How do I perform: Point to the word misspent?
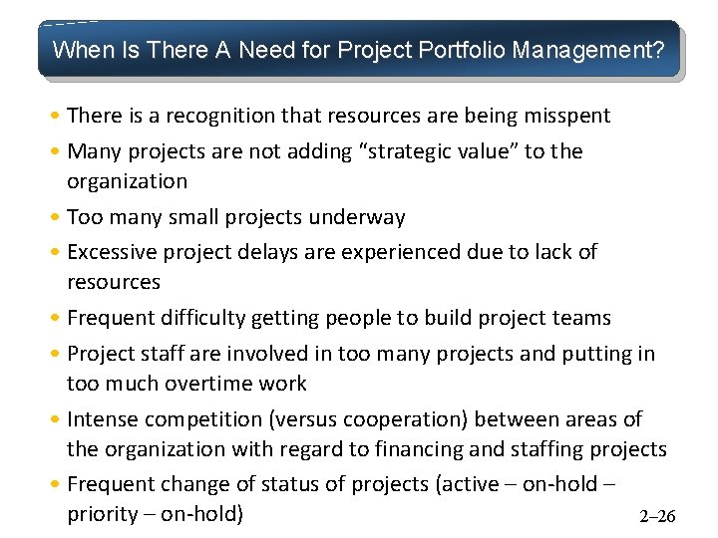(566, 116)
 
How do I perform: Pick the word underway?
(357, 217)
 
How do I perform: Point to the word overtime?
(213, 384)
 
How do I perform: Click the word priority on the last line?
(103, 514)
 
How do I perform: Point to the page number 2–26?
(656, 516)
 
